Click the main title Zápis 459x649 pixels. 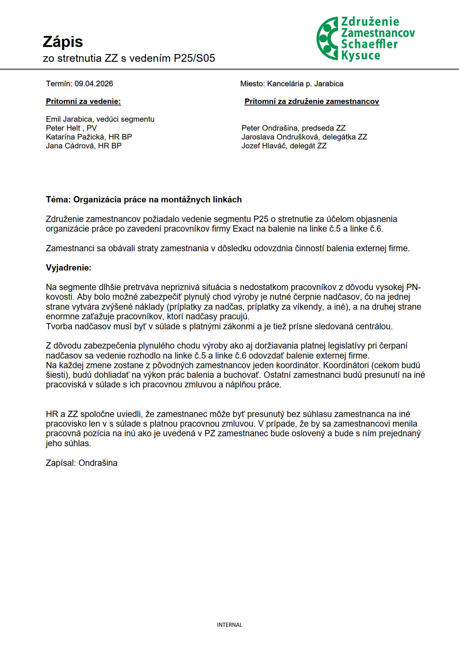click(x=63, y=42)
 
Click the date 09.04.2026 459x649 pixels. click(x=94, y=84)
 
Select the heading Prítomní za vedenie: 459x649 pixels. click(x=83, y=101)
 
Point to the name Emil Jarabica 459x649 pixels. click(x=69, y=119)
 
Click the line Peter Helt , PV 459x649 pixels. click(x=71, y=128)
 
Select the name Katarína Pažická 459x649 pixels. click(x=75, y=137)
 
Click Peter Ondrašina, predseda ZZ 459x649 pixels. click(x=293, y=128)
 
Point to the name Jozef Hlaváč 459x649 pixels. click(x=264, y=146)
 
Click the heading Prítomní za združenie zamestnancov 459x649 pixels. click(x=312, y=101)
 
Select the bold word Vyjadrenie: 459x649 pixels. click(x=68, y=268)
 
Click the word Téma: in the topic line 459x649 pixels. click(x=58, y=200)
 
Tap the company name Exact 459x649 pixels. click(x=243, y=229)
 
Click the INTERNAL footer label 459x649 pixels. click(x=229, y=625)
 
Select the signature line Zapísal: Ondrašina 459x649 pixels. click(x=81, y=463)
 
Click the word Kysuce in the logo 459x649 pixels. click(x=361, y=56)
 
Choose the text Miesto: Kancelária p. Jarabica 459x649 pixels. click(x=292, y=84)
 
